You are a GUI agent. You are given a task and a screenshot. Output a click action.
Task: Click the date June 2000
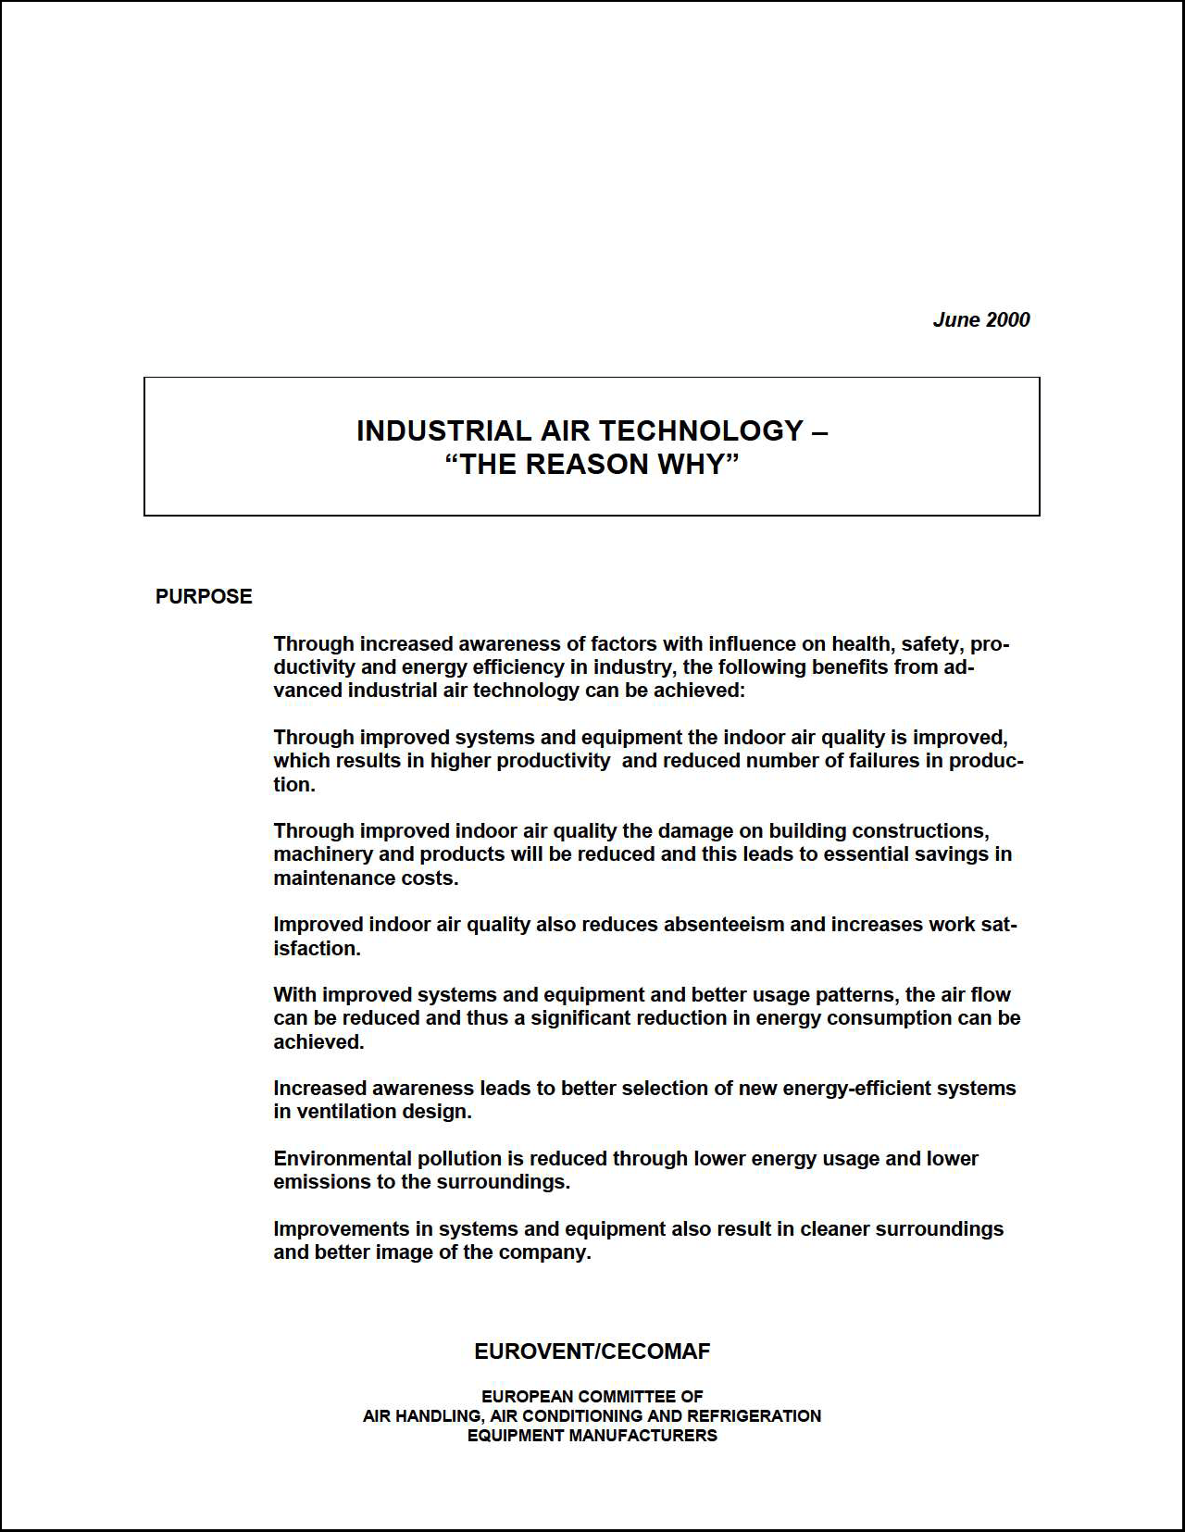(980, 319)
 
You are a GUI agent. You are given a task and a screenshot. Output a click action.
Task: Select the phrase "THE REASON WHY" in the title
(592, 464)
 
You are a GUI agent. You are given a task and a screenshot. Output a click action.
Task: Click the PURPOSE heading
(204, 596)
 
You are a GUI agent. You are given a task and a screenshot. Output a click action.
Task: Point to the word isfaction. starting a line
(317, 948)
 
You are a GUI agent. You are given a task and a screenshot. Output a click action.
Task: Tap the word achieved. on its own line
(318, 1041)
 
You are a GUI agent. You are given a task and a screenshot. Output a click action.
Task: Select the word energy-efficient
(856, 1088)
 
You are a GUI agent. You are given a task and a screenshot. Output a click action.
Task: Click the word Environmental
(343, 1158)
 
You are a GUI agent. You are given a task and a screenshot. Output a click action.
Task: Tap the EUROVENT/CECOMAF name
(592, 1351)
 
